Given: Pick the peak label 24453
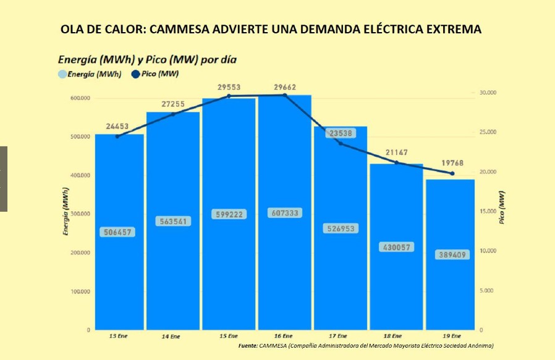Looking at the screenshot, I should [117, 127].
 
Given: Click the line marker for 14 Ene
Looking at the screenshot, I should [173, 114].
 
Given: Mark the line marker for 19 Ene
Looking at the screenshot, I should [452, 174].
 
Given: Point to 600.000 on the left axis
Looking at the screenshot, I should [80, 98].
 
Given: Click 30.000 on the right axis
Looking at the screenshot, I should [488, 93].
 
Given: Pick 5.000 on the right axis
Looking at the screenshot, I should [486, 290].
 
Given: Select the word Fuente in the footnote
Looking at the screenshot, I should [247, 345].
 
